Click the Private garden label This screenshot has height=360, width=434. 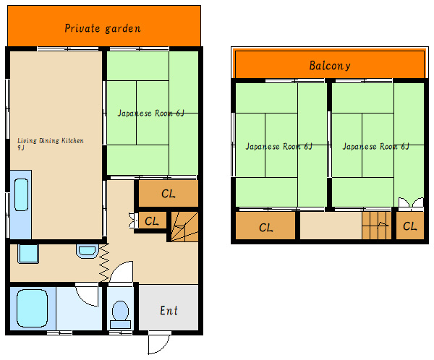coord(103,28)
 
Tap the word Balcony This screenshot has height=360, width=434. coord(330,66)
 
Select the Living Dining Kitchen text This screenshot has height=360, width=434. coord(51,140)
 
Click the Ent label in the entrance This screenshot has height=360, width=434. coord(169,310)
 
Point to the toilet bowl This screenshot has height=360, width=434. coord(120,314)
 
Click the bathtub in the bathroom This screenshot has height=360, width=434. coord(32,308)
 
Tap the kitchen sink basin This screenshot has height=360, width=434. coord(21,194)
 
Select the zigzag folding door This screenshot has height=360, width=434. coord(104,263)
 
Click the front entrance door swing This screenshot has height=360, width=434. coord(159,343)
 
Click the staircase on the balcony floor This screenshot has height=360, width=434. coord(376,226)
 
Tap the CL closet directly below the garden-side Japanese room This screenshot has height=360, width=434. coord(169,194)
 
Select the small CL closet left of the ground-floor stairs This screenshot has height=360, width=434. coord(152,220)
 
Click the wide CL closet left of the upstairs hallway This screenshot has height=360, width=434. coord(265,226)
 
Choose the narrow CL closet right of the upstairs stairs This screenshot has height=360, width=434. coord(410,226)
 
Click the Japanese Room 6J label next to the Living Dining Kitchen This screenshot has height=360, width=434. coord(151,113)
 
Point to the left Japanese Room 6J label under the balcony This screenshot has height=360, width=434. coord(279,146)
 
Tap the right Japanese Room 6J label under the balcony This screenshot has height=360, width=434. coord(376,146)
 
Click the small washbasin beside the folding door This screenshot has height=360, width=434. coord(87,251)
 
